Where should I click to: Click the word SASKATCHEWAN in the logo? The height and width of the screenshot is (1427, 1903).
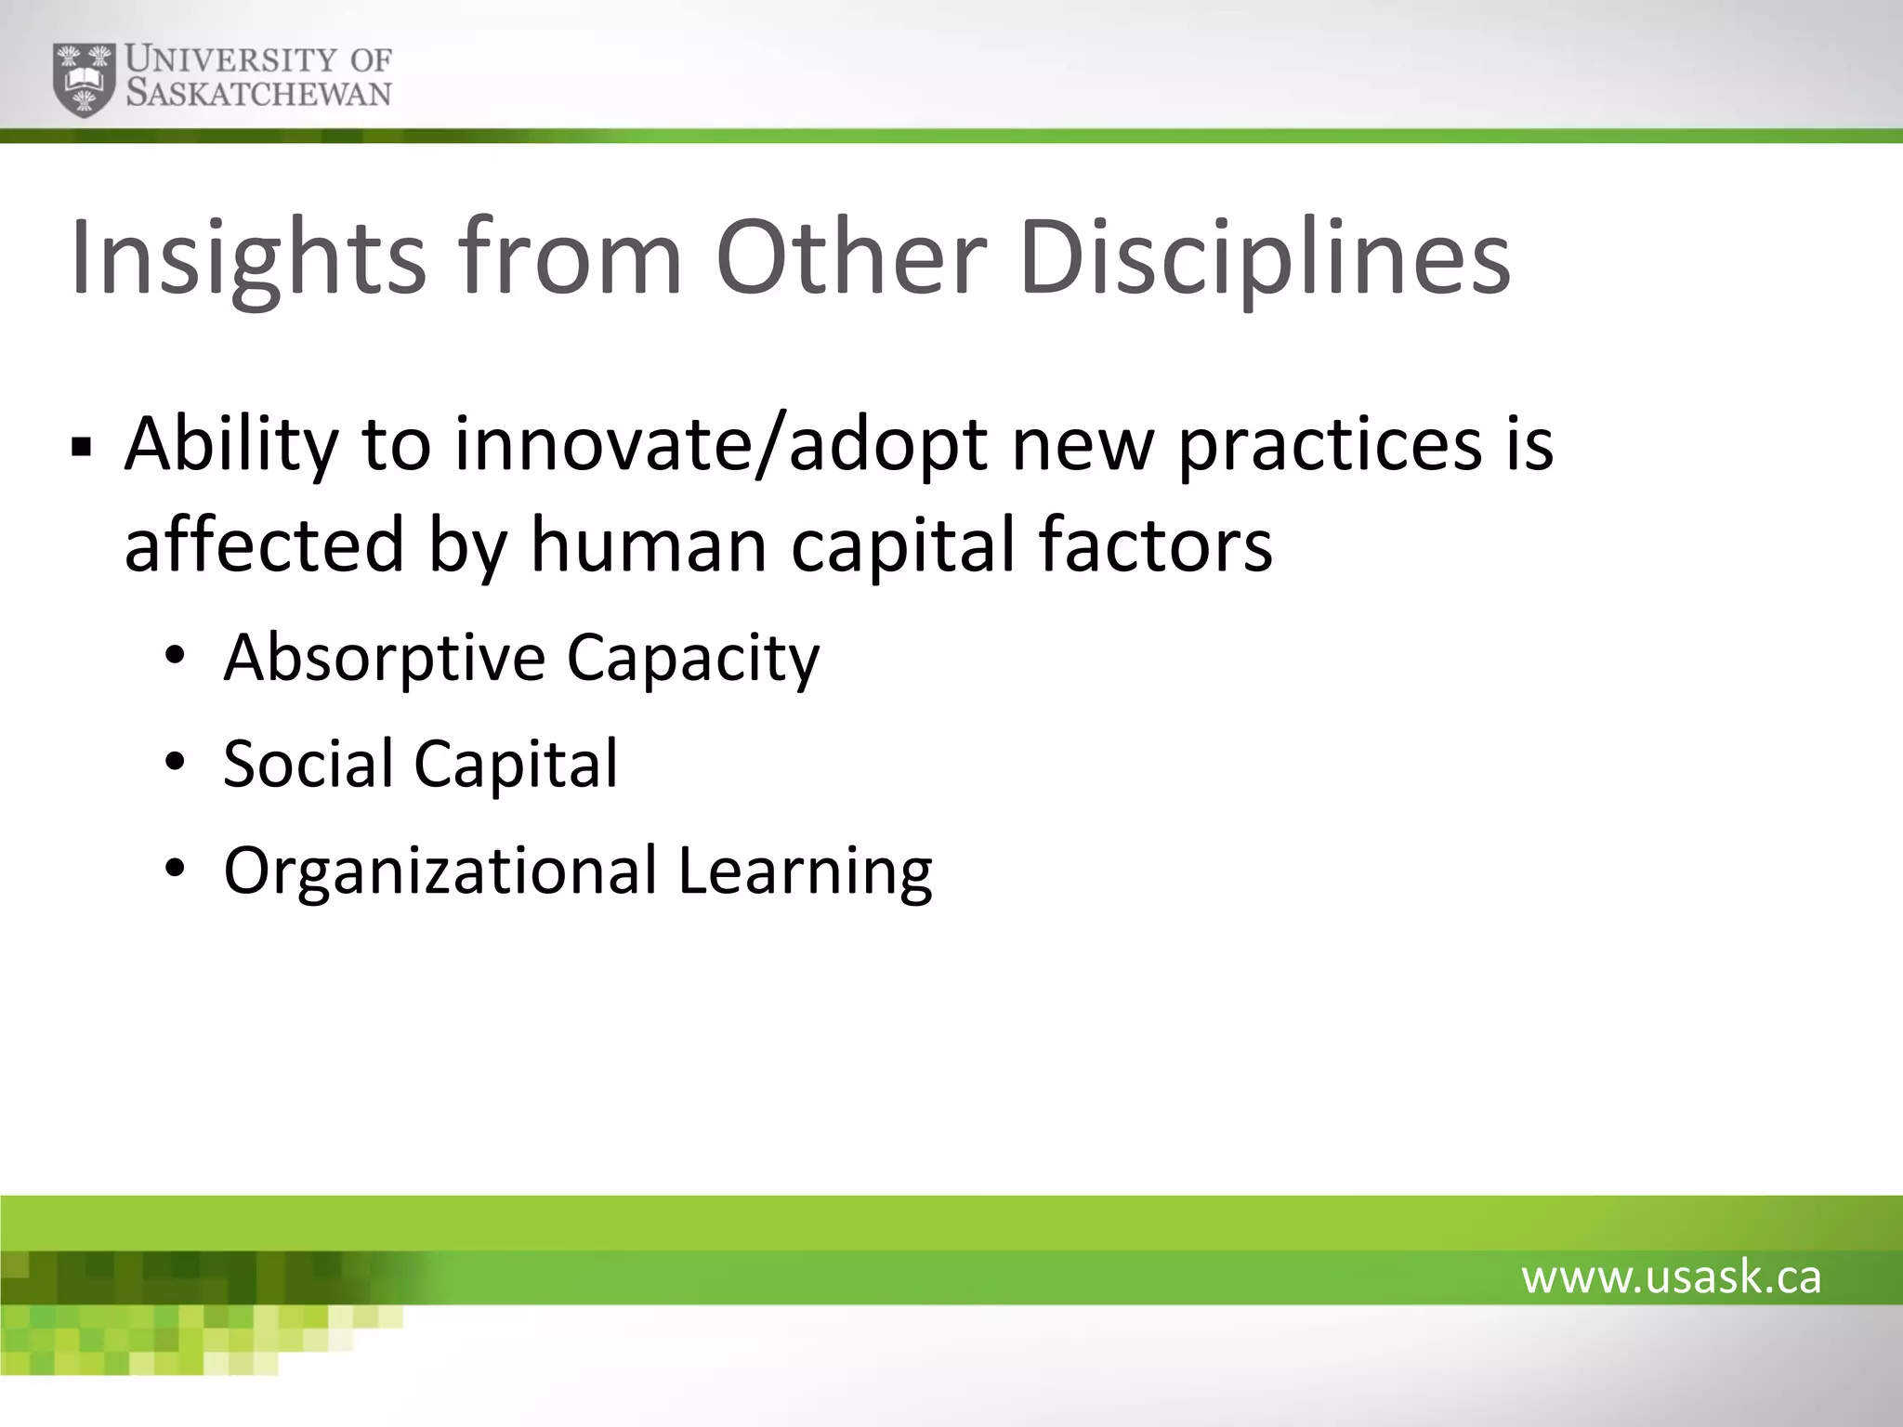tap(258, 94)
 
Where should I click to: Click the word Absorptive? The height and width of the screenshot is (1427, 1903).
tap(384, 658)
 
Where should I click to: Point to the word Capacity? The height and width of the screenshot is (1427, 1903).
tap(693, 658)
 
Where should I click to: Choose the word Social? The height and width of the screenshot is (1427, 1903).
tap(308, 764)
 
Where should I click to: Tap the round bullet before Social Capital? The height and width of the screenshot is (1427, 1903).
tap(176, 764)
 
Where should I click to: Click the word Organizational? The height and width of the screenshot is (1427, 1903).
tap(440, 871)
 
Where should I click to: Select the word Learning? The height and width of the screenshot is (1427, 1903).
tap(805, 871)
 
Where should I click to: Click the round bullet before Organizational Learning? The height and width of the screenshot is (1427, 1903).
tap(176, 871)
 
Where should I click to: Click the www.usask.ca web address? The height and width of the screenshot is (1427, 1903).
tap(1671, 1277)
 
